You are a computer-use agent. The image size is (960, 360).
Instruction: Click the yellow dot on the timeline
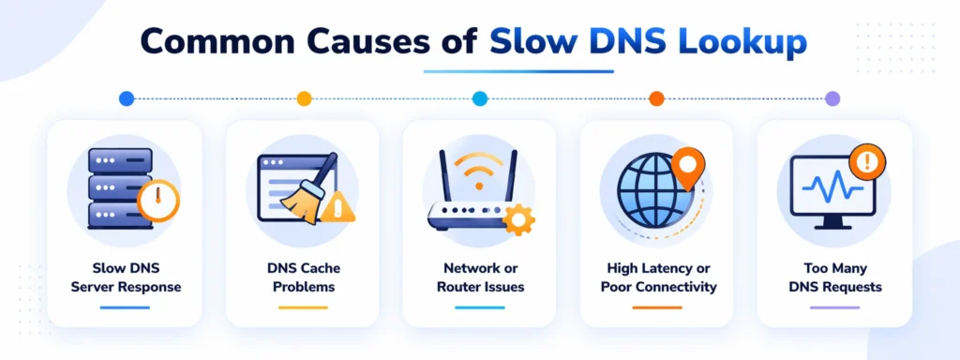pos(304,98)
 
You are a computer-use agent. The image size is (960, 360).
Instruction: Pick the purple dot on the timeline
pos(832,98)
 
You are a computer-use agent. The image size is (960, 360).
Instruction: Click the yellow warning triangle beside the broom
pos(337,210)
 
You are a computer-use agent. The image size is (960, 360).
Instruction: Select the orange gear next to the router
pos(517,218)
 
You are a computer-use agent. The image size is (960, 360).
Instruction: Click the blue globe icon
pos(648,193)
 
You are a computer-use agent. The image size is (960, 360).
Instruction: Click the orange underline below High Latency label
pos(657,307)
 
